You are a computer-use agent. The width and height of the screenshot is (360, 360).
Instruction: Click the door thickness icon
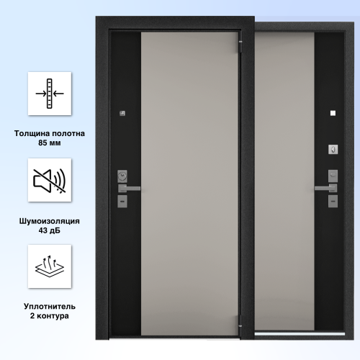click(x=50, y=94)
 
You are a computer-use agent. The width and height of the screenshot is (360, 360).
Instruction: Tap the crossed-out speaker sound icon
click(x=50, y=181)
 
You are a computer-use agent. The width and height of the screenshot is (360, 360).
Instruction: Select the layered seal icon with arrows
click(x=50, y=266)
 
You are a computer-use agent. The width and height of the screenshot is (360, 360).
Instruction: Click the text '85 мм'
click(x=50, y=143)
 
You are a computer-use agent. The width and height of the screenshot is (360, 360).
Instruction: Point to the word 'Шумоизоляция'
click(x=50, y=221)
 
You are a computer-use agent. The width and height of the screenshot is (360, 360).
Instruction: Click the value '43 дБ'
click(x=50, y=230)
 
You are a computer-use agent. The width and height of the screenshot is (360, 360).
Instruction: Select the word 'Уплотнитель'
click(x=50, y=307)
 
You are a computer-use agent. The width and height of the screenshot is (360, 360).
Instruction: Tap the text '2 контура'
click(x=50, y=316)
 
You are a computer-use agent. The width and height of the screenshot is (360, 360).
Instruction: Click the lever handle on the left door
click(x=129, y=189)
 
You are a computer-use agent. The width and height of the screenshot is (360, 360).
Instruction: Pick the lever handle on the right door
click(x=325, y=188)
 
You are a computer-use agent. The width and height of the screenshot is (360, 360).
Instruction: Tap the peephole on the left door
click(x=122, y=113)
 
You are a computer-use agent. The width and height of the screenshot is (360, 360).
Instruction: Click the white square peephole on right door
click(x=333, y=113)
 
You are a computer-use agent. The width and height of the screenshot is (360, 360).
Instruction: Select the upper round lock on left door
click(x=122, y=176)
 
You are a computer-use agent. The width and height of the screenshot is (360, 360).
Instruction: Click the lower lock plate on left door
click(x=122, y=201)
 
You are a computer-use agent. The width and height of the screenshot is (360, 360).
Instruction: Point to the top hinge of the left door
click(x=240, y=46)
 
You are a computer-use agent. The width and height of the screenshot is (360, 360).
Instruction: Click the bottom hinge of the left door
click(x=240, y=321)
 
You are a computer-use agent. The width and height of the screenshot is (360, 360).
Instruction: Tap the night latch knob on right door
click(x=333, y=150)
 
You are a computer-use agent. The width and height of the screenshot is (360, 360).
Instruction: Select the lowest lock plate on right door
click(x=333, y=201)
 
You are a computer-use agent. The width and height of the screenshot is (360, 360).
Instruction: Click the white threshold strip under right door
click(x=300, y=333)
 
